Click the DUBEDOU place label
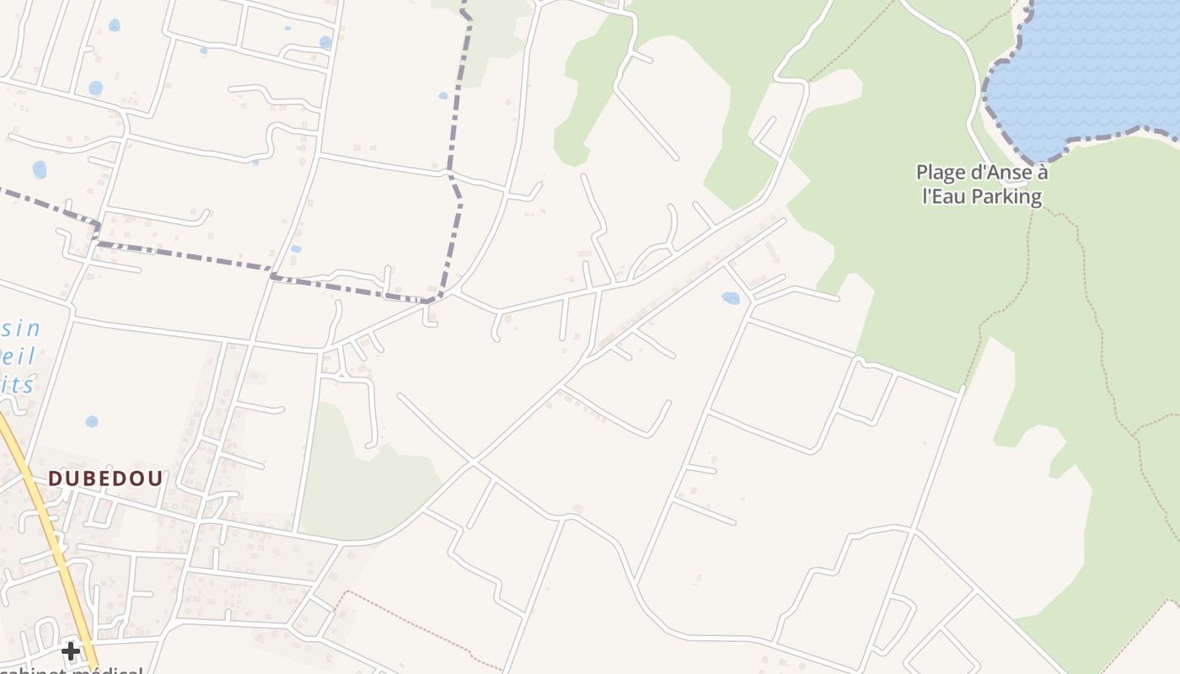[105, 479]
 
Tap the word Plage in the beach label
[941, 173]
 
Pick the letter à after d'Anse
[1042, 173]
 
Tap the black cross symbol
[71, 650]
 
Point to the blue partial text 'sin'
[22, 329]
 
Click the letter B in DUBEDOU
[95, 479]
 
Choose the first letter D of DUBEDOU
[55, 479]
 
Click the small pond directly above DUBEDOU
[91, 421]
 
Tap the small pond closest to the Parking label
[731, 297]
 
